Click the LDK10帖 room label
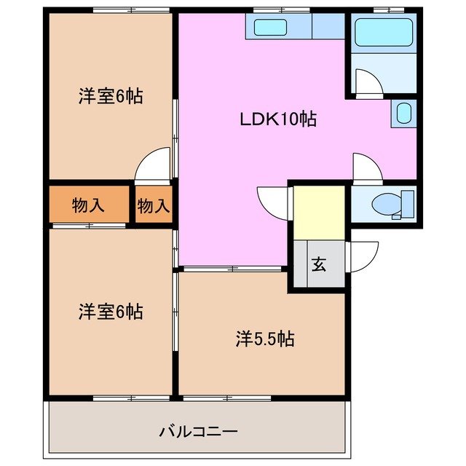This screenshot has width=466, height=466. (x=278, y=119)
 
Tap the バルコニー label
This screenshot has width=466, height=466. (x=198, y=432)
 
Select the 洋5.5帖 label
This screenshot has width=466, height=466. (x=264, y=339)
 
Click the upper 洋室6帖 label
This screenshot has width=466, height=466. (x=111, y=96)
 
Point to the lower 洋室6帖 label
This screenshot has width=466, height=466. (x=111, y=312)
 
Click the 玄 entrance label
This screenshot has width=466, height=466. (x=319, y=264)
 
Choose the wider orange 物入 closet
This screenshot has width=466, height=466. (x=89, y=205)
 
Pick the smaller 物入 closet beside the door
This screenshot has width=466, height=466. (x=154, y=205)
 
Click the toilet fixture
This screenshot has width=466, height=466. (x=393, y=203)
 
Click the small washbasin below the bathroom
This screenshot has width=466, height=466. (x=403, y=114)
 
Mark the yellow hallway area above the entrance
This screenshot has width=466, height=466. (x=318, y=212)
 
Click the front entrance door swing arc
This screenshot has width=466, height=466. (x=364, y=255)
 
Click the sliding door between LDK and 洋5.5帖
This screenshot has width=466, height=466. (x=232, y=269)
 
